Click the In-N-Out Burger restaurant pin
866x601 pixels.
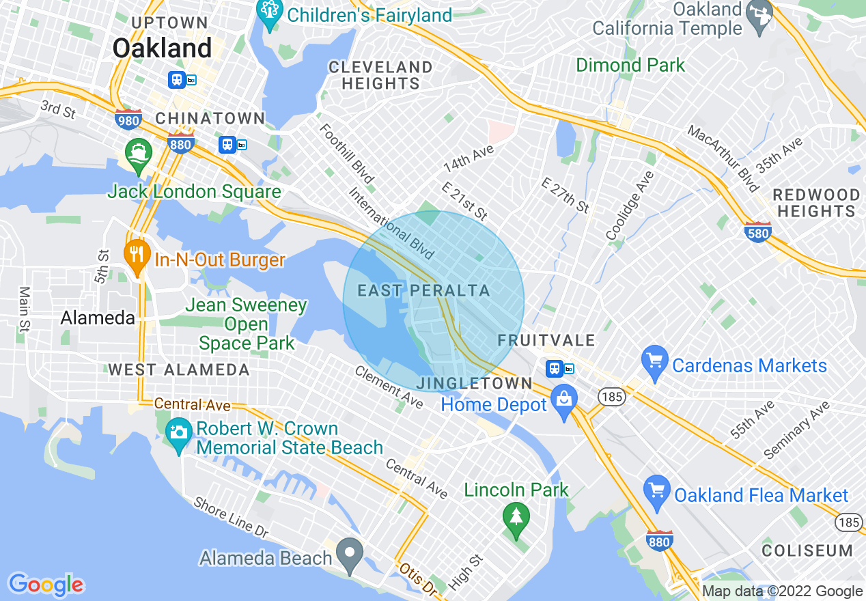(138, 255)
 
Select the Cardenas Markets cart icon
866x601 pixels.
(654, 363)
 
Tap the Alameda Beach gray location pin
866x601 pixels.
(351, 555)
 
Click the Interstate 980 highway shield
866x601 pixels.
(128, 120)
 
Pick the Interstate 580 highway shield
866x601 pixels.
(758, 232)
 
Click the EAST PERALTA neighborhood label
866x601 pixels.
(423, 291)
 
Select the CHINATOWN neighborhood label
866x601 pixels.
(210, 119)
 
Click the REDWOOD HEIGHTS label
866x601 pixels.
(816, 204)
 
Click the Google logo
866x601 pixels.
(46, 585)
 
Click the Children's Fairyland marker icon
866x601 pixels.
(270, 14)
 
